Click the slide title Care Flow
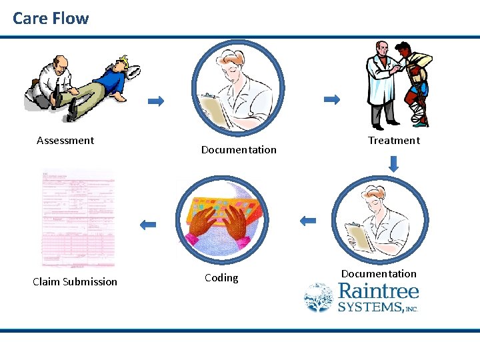click(x=51, y=18)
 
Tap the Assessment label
click(x=65, y=140)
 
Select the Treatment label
click(x=394, y=140)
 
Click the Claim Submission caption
click(x=75, y=281)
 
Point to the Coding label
click(x=221, y=277)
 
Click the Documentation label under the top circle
click(x=239, y=149)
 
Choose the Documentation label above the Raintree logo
click(x=379, y=273)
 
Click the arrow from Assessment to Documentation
click(x=155, y=101)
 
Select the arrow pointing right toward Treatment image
click(x=331, y=99)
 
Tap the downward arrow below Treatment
click(x=394, y=164)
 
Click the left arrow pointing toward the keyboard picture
click(x=307, y=221)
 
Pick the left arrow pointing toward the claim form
click(x=147, y=225)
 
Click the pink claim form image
click(x=78, y=218)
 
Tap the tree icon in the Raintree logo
click(x=319, y=297)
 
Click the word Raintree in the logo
click(x=379, y=291)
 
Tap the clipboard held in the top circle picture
click(x=215, y=110)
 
